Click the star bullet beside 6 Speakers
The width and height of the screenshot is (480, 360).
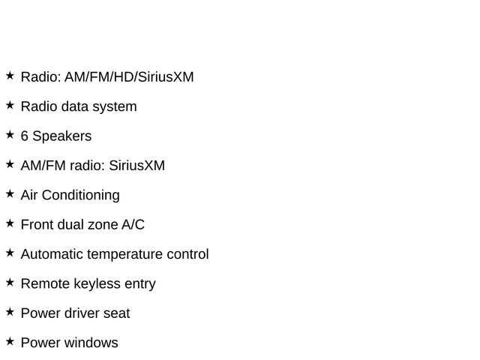10,135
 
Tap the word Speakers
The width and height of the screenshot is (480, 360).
62,136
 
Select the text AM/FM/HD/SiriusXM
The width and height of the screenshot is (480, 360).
129,76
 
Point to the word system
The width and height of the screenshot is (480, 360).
115,107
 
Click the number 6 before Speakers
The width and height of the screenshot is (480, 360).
25,136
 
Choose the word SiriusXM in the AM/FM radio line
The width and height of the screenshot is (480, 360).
136,166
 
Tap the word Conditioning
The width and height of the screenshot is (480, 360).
81,195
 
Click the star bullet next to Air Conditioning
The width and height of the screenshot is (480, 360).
10,193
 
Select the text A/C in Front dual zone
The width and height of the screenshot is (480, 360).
133,225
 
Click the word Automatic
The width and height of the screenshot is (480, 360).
52,254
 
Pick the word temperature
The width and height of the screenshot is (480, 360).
124,254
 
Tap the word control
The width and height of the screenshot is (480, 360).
187,254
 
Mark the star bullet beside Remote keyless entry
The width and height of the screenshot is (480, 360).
10,282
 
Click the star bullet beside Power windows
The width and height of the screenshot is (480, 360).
10,341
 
